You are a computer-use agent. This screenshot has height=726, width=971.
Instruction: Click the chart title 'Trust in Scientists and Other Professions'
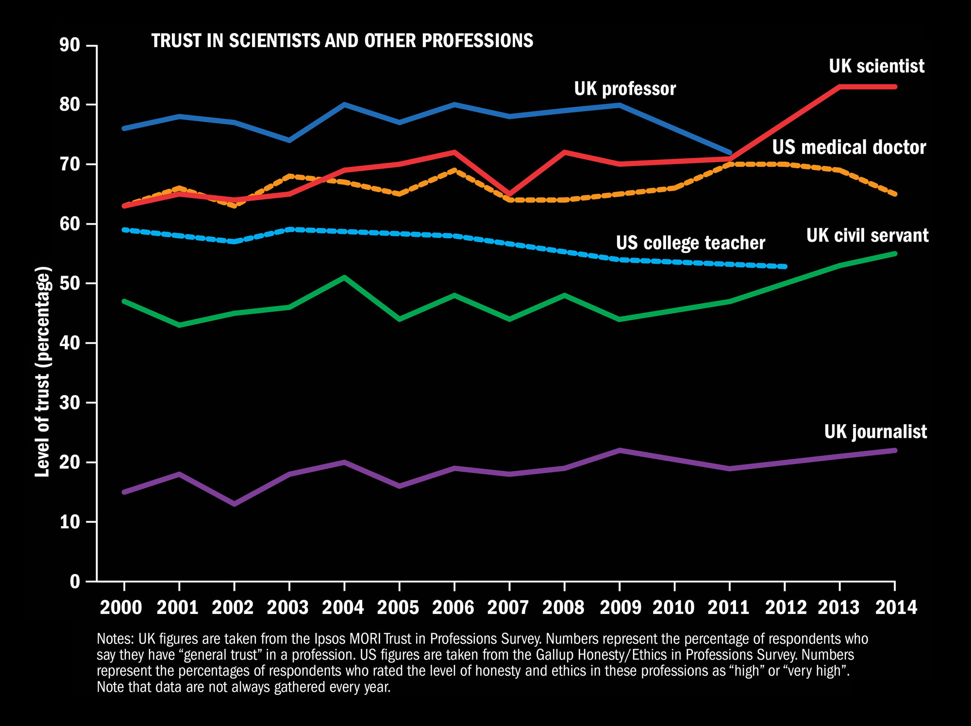pos(342,41)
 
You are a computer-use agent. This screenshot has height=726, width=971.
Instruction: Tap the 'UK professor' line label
pos(625,89)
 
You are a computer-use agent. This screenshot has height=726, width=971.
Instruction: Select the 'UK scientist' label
pos(876,66)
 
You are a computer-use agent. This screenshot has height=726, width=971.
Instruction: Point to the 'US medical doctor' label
pos(849,147)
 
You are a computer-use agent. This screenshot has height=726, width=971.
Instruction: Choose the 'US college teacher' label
pos(690,243)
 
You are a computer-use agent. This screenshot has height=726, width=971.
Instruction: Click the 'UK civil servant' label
pos(867,235)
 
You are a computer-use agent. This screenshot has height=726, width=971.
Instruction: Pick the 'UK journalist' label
pos(875,431)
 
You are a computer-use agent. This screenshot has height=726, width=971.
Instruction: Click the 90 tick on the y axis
pos(69,45)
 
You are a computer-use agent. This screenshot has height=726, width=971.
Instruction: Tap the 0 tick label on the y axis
pos(75,581)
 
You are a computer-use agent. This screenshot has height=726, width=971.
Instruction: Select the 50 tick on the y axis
pos(69,283)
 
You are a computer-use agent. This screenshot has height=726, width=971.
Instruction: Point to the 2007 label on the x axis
pos(508,608)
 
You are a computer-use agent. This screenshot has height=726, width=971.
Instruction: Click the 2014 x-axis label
pos(896,608)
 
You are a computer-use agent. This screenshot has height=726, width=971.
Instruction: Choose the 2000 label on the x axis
pos(121,608)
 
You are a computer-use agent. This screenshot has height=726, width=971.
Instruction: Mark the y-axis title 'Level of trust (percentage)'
pos(43,371)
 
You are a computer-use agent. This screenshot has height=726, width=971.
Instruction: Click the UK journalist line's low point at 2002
pos(234,504)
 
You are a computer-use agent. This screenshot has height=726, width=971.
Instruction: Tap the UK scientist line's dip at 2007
pos(509,194)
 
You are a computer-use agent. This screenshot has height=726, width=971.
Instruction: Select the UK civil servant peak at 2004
pos(344,278)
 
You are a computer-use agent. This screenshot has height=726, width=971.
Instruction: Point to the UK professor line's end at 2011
pos(730,152)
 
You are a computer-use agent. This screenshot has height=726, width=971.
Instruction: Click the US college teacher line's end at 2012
pos(785,266)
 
